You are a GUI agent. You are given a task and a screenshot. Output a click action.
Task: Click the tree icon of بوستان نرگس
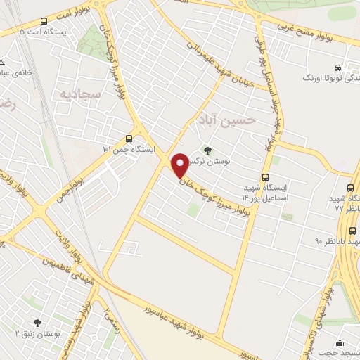207,149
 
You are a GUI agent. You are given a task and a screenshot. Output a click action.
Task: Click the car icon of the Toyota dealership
338,67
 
